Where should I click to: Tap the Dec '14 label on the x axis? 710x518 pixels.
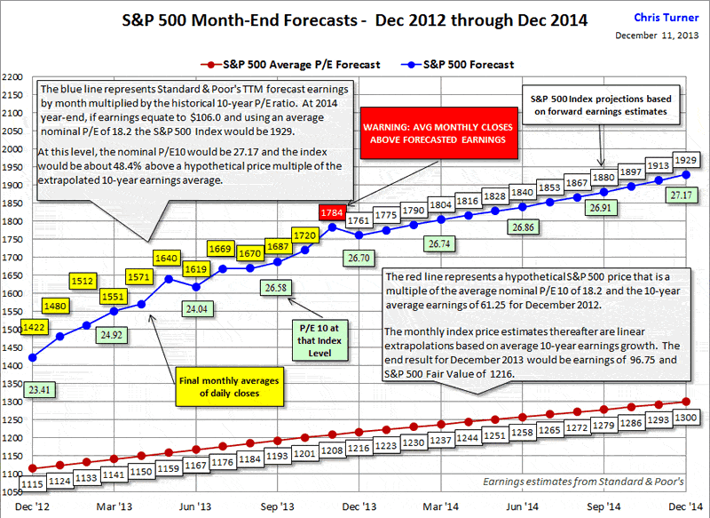684,506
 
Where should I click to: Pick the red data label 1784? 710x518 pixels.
332,212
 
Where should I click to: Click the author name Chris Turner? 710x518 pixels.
665,17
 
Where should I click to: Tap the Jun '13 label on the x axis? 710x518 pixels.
196,506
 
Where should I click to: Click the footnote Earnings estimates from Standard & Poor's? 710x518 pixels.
583,482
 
